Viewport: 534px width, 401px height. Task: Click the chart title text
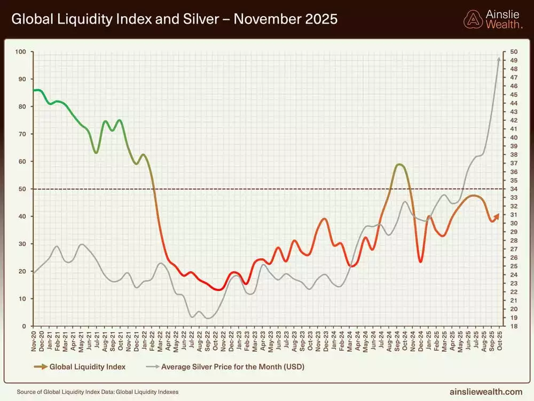tap(174, 19)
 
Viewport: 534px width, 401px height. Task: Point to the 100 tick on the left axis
tap(21, 52)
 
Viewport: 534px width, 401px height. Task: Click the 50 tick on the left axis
tap(23, 189)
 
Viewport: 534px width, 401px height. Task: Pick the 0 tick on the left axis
tap(25, 326)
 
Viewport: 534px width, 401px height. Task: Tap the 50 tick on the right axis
tap(514, 52)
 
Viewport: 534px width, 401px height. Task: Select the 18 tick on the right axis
tap(514, 326)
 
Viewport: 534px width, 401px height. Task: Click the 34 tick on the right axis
tap(514, 189)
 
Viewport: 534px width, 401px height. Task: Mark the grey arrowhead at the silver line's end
tap(499, 59)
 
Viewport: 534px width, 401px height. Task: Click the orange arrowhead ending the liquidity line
tap(497, 215)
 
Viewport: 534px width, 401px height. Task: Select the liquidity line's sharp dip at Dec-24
tap(421, 261)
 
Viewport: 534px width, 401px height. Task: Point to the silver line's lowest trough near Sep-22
tap(208, 318)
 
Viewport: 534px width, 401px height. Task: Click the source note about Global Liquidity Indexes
tap(98, 392)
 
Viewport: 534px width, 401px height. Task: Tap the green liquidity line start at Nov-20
tap(35, 90)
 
